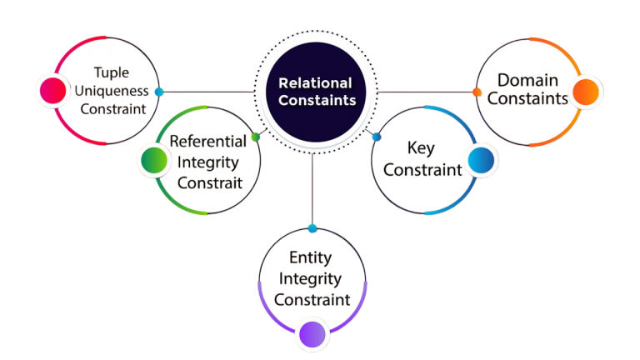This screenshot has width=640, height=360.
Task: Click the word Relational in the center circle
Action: (x=315, y=82)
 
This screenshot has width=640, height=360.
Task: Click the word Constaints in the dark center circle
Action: (x=317, y=100)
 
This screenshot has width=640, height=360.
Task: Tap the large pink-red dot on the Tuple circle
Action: (x=52, y=91)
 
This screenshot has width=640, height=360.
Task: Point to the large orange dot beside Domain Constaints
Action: (x=587, y=91)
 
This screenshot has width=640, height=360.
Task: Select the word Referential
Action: (x=207, y=141)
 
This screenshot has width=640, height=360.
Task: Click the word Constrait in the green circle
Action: (x=208, y=182)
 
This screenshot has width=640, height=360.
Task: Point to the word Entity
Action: (x=312, y=258)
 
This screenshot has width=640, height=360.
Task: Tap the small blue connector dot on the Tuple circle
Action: (x=159, y=92)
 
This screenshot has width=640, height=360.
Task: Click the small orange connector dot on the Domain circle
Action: (x=477, y=92)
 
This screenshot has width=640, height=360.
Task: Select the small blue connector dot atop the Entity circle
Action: (x=312, y=228)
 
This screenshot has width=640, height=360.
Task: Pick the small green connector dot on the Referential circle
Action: (x=255, y=136)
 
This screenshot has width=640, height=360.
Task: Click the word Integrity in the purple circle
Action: (x=312, y=278)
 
